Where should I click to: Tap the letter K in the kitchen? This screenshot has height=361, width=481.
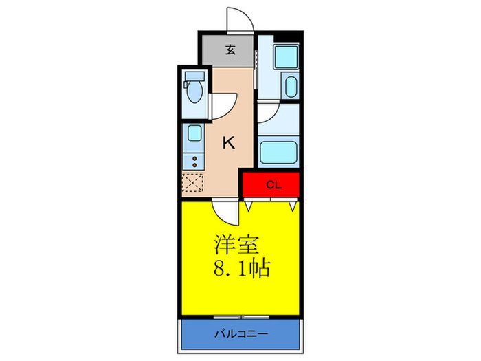pos(229,143)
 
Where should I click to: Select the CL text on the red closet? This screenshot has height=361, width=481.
pos(272,185)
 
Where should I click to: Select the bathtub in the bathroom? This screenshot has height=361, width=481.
pos(278,151)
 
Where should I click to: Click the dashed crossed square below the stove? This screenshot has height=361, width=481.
pos(193,184)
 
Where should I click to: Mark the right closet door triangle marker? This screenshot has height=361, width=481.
pos(293,205)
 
